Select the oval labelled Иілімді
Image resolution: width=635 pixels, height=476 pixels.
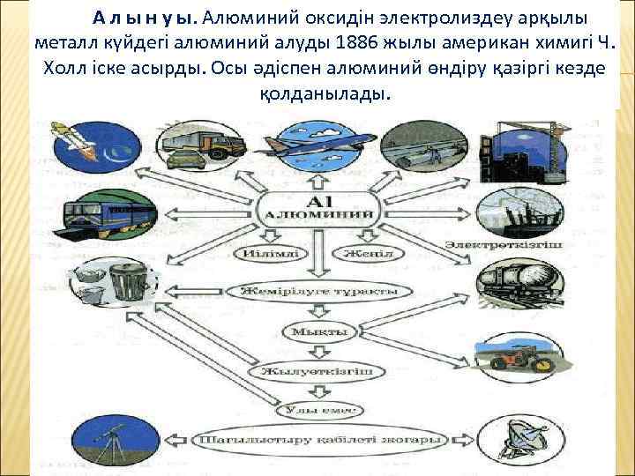click(271, 254)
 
